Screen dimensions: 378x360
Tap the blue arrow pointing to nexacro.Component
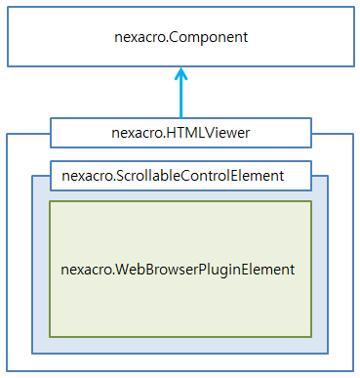180,98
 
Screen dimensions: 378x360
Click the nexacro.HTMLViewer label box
180,132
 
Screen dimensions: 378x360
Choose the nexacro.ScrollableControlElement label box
180,176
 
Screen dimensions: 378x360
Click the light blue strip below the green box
180,345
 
